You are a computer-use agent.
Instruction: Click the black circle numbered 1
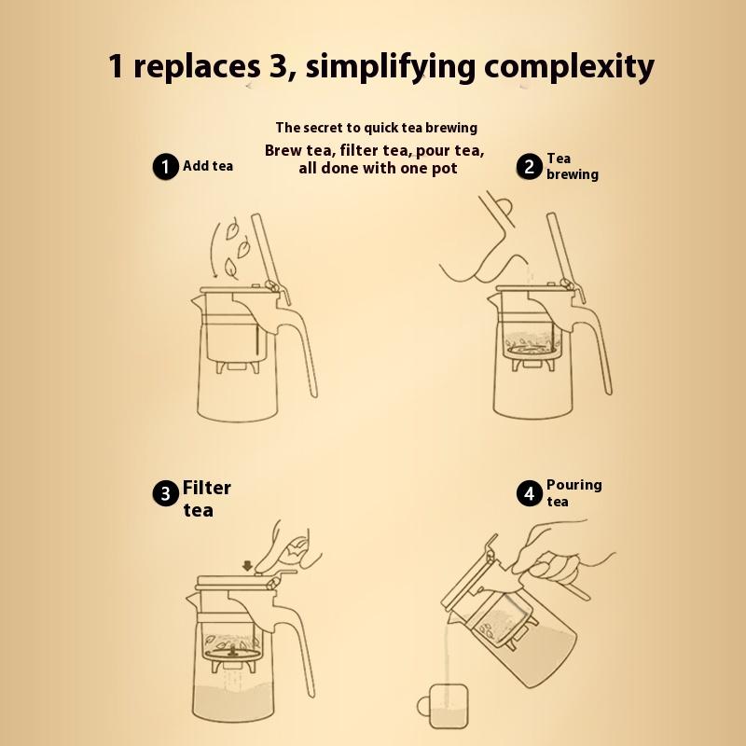click(165, 167)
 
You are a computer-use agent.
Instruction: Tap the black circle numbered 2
click(529, 167)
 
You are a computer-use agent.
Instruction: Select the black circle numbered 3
click(166, 493)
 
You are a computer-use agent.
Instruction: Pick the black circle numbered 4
click(530, 493)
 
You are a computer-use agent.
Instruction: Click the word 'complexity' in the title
click(569, 66)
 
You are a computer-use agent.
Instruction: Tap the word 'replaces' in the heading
click(197, 66)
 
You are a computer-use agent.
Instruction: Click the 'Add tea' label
click(208, 166)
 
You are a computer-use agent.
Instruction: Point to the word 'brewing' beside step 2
click(573, 174)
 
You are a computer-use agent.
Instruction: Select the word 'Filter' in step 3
click(206, 488)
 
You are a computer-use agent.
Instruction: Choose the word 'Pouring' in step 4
click(574, 485)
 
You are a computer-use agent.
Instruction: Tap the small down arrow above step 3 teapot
click(247, 566)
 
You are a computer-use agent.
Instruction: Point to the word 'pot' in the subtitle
click(446, 169)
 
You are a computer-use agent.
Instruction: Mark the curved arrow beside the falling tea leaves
click(215, 250)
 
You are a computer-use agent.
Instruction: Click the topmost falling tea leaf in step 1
click(232, 229)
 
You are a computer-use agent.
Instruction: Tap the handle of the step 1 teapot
click(298, 347)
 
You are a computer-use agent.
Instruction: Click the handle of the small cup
click(422, 706)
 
